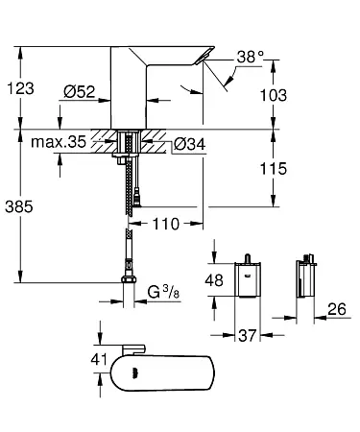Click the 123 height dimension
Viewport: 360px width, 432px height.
(20, 88)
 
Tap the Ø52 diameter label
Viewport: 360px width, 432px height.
(80, 92)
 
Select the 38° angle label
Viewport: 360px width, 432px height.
(251, 57)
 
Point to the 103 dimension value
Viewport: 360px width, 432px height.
(274, 95)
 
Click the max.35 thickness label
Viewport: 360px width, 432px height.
(59, 141)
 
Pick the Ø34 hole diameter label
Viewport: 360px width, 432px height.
(189, 144)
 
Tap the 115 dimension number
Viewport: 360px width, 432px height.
(274, 169)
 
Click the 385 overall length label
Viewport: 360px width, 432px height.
(19, 206)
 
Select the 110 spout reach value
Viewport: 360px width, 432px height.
(166, 224)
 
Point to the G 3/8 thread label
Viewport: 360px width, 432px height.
(163, 292)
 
